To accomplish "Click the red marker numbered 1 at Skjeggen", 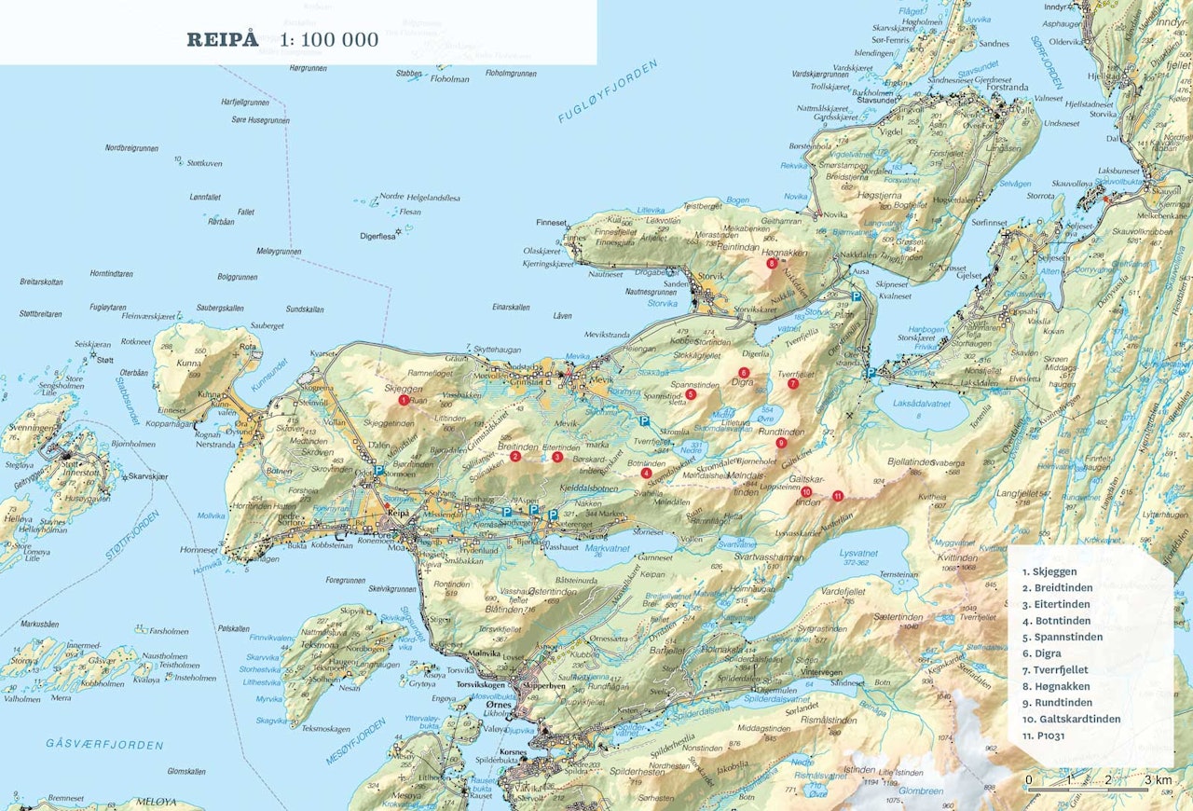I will [x=403, y=400].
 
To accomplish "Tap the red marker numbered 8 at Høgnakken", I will [x=772, y=264].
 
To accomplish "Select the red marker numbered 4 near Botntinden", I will [x=646, y=473].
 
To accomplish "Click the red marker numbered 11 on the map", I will [x=837, y=496].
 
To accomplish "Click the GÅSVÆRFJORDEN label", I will [x=104, y=744].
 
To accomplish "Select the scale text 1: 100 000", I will [x=329, y=39].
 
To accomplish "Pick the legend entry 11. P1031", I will [x=1044, y=735].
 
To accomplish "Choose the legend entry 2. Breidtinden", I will [x=1057, y=587].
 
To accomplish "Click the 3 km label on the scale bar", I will [x=1158, y=779].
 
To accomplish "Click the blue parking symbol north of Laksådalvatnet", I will [x=871, y=372].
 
